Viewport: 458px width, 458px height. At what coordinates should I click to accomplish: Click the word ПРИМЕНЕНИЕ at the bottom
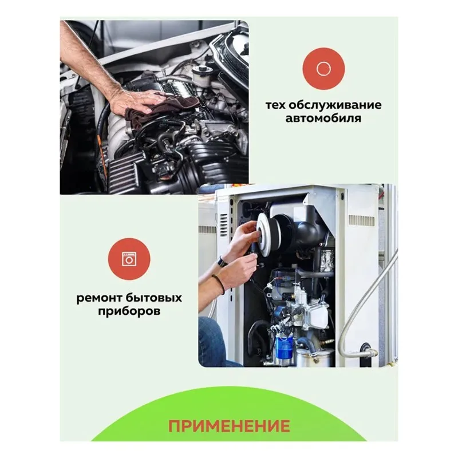pyautogui.click(x=229, y=426)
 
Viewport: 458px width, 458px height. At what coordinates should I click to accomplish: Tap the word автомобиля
pyautogui.click(x=323, y=119)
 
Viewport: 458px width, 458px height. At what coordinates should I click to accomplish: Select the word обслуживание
pyautogui.click(x=335, y=105)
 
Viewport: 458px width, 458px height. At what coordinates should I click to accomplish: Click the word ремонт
pyautogui.click(x=100, y=298)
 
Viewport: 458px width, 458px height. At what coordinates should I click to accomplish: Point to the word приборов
pyautogui.click(x=129, y=311)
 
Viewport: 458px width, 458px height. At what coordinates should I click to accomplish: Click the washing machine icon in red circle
pyautogui.click(x=129, y=259)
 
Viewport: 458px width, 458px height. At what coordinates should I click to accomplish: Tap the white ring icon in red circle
pyautogui.click(x=323, y=69)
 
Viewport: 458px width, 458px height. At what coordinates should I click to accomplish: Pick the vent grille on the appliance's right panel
pyautogui.click(x=361, y=220)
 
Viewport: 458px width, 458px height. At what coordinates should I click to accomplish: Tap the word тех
pyautogui.click(x=275, y=105)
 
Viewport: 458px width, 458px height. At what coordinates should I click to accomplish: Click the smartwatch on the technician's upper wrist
pyautogui.click(x=222, y=262)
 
